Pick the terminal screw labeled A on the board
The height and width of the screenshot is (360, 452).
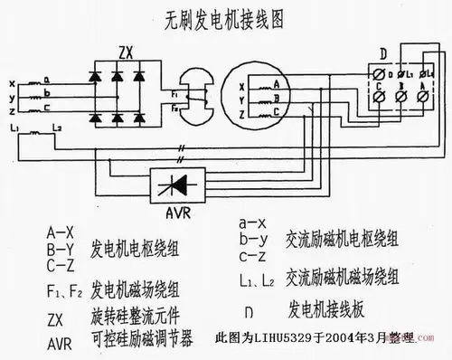tap(424, 93)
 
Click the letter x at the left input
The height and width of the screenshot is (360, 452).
tap(11, 81)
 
